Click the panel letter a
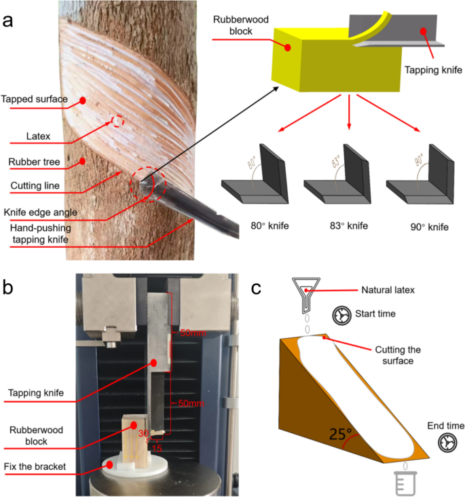click(10, 18)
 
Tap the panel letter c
click(257, 288)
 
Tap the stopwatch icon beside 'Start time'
click(342, 316)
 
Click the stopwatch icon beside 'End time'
click(447, 443)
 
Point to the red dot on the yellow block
click(288, 48)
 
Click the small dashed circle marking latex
click(117, 121)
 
